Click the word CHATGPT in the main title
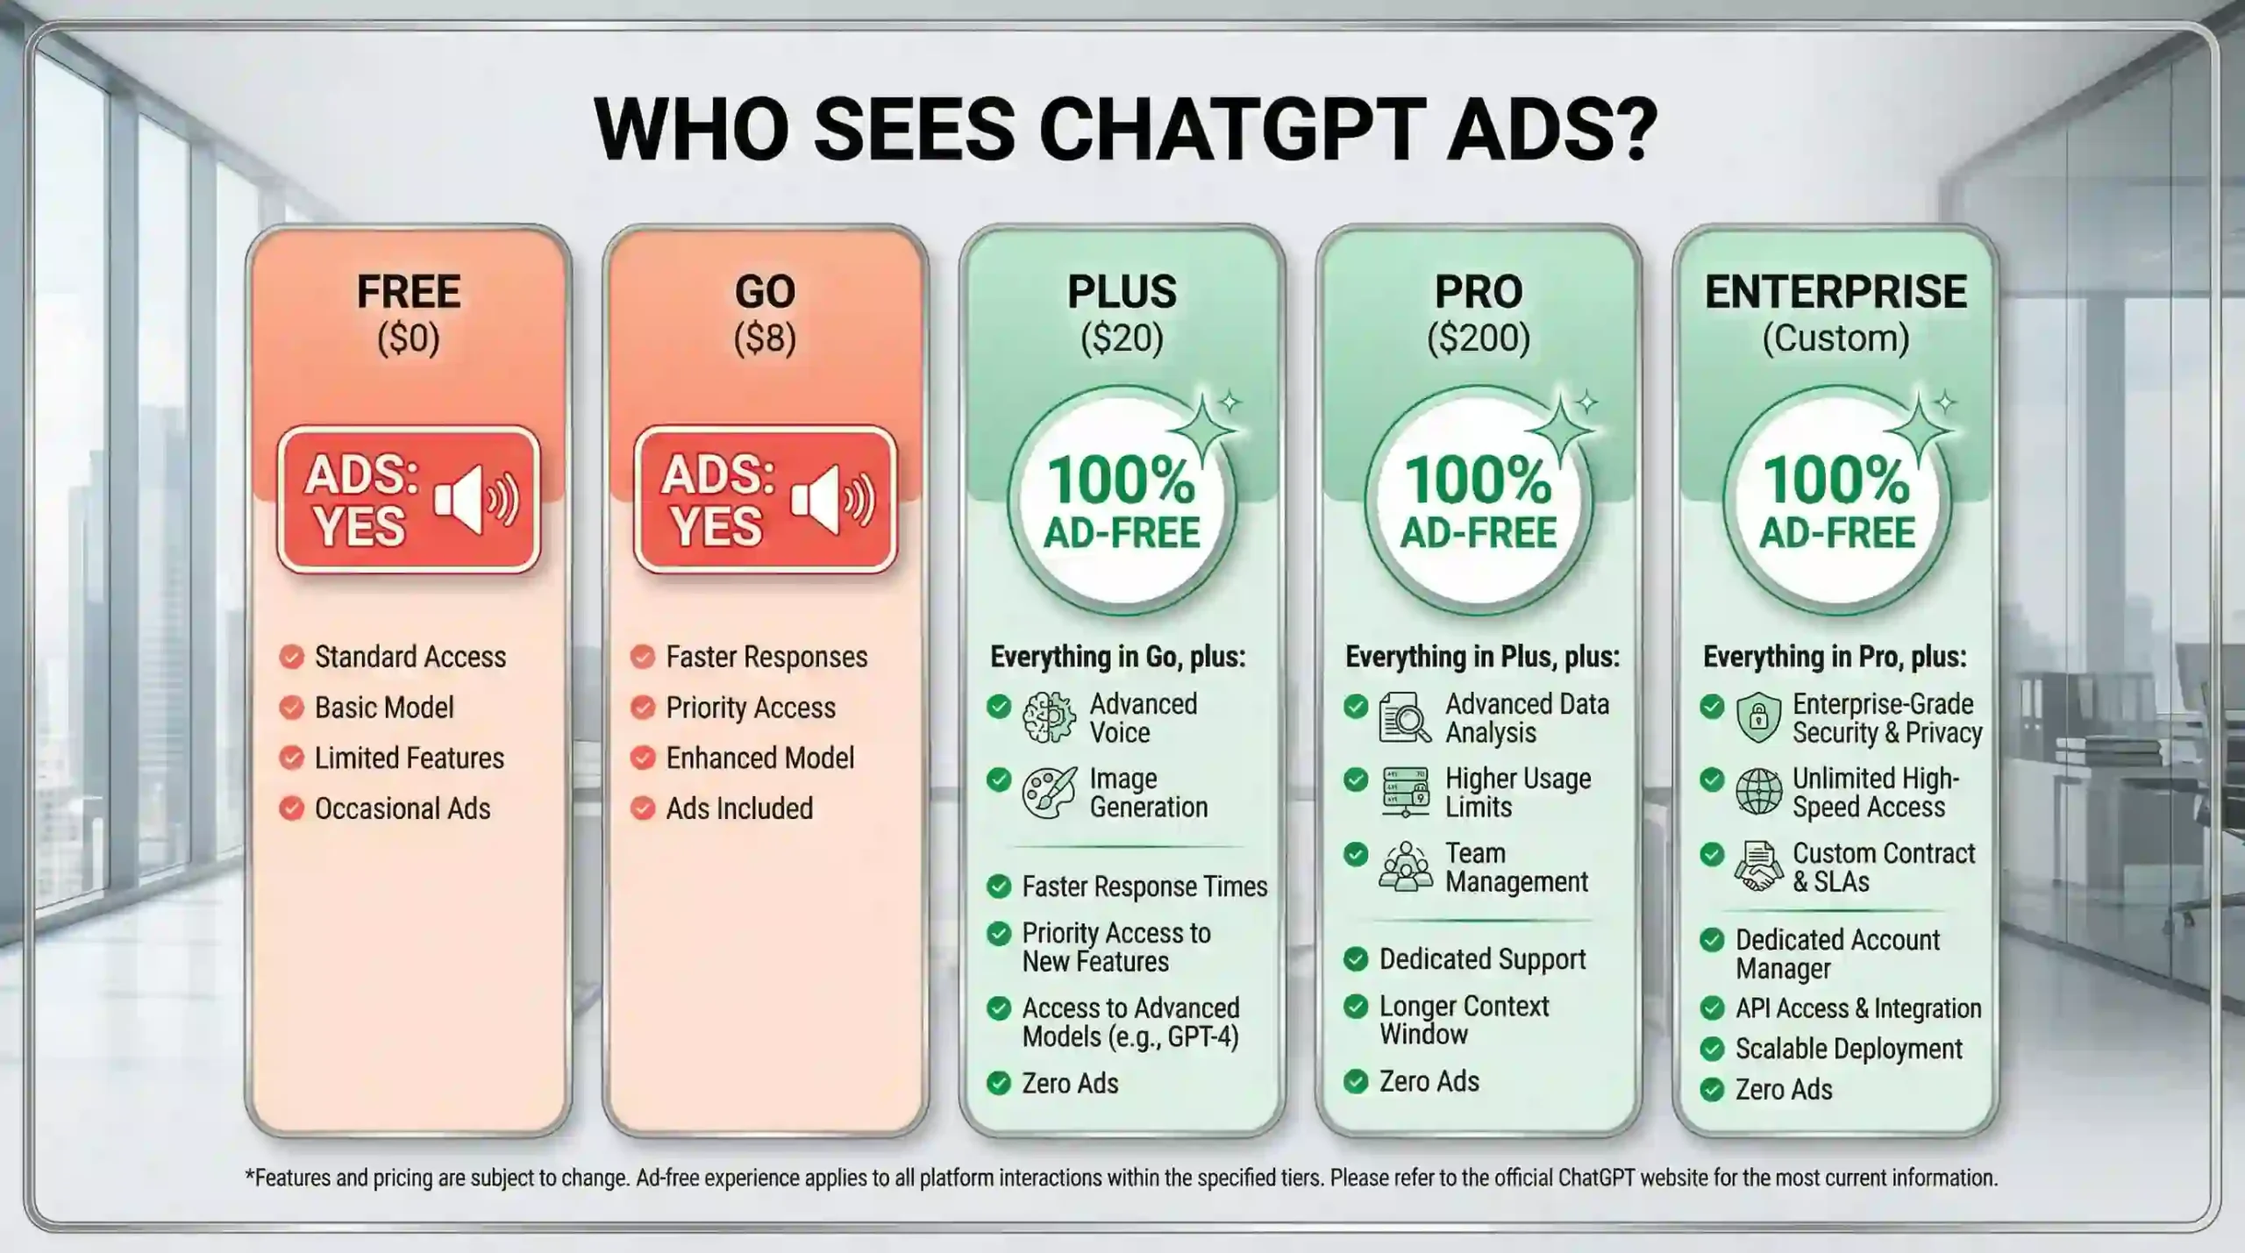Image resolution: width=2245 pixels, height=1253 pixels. coord(1228,130)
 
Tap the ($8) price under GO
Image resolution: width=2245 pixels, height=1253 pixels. coord(765,338)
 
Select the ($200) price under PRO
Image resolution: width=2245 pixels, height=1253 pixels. coord(1479,338)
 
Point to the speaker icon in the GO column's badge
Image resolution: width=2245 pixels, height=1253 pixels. coord(832,500)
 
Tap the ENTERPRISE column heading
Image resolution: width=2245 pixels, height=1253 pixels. coord(1835,292)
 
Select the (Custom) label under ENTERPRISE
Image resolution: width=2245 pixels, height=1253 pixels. coord(1835,338)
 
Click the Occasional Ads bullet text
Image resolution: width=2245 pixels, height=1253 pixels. coord(403,808)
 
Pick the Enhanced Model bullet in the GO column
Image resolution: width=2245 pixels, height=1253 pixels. coord(759,758)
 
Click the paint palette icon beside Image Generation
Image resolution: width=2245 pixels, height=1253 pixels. coord(1049,793)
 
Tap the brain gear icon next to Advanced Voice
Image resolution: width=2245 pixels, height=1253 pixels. coord(1049,717)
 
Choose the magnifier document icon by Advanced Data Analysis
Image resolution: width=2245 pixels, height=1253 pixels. coord(1404,717)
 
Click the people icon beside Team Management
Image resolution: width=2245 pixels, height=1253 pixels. coord(1405,867)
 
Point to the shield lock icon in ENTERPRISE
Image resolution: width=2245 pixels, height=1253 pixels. coord(1758,717)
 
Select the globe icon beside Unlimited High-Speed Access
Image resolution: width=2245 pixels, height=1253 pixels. coord(1758,792)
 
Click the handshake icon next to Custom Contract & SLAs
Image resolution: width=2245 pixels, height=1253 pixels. coord(1758,867)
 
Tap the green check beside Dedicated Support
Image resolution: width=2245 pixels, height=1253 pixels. coord(1356,959)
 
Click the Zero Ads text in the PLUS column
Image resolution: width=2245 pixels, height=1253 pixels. coord(1070,1084)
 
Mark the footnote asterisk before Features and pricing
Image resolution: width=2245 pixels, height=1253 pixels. coord(249,1176)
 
